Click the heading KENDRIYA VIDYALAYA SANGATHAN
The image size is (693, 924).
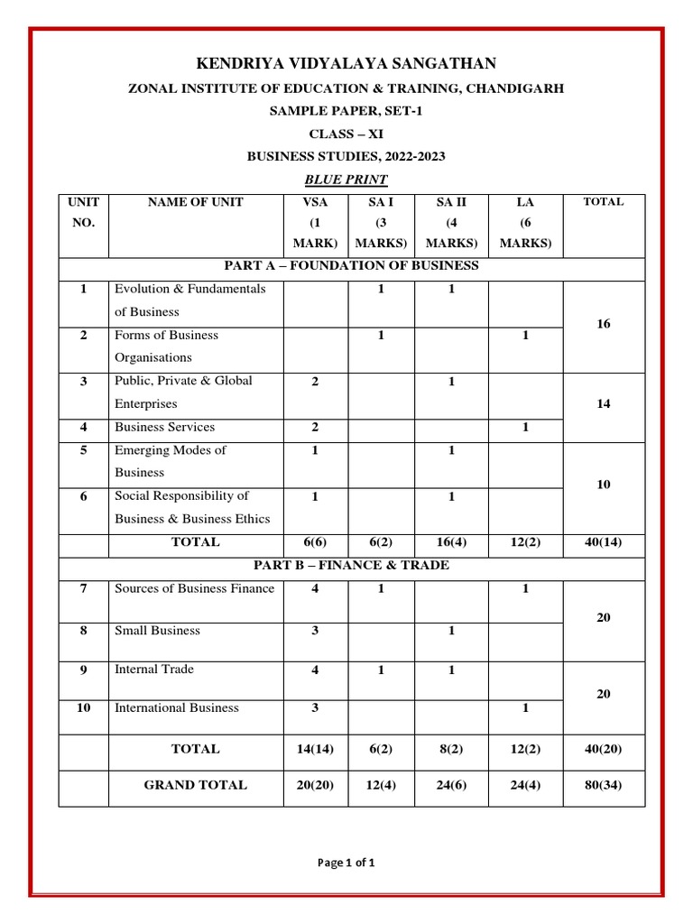tap(346, 62)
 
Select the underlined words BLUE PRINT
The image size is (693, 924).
tap(346, 180)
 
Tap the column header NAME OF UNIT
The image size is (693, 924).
tap(195, 202)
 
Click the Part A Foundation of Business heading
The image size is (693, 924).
tap(352, 266)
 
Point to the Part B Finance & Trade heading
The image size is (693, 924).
tap(352, 566)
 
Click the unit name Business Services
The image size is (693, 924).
tap(164, 427)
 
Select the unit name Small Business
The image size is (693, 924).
tap(157, 631)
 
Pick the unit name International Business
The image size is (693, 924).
tap(177, 708)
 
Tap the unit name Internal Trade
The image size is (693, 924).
tap(154, 670)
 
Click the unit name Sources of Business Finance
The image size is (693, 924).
tap(194, 589)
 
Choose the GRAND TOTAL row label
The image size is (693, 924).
tap(195, 785)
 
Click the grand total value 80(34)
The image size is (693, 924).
tap(604, 785)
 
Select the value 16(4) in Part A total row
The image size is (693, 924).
tap(451, 543)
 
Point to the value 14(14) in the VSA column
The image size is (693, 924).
tap(315, 749)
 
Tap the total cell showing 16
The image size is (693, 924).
tap(604, 323)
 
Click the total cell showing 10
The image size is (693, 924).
tap(604, 485)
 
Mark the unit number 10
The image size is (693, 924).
tap(83, 708)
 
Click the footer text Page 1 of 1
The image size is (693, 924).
tap(346, 863)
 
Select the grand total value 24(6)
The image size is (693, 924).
tap(451, 785)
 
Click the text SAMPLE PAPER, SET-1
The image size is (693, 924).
tap(346, 111)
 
